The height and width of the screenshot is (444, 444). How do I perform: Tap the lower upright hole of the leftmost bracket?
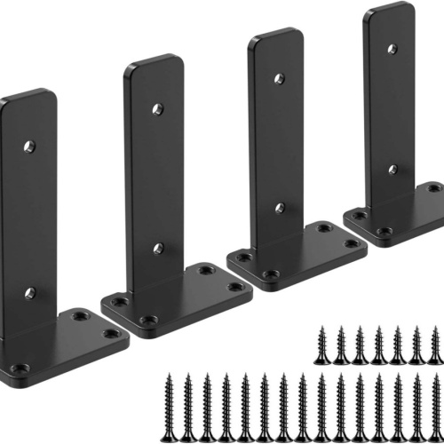click(x=29, y=292)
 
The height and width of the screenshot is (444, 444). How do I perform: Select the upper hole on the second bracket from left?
click(x=157, y=109)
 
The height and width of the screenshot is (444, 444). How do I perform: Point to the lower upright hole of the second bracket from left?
click(x=158, y=249)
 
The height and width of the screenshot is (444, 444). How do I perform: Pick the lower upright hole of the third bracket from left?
click(x=279, y=208)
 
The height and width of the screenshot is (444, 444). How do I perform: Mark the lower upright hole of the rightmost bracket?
click(x=392, y=169)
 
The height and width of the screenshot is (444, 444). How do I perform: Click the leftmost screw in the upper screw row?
click(x=322, y=346)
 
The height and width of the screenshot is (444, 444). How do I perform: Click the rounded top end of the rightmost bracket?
click(x=389, y=13)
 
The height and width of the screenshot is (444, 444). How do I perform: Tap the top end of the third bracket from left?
click(x=276, y=39)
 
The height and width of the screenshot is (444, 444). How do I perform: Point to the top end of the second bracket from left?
click(x=154, y=67)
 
